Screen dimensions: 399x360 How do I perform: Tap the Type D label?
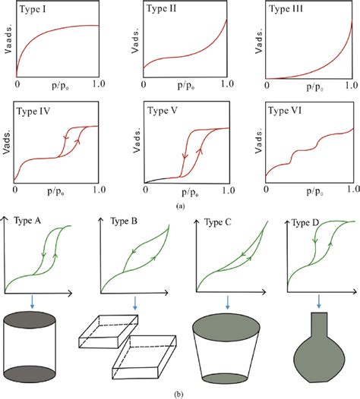306,222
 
